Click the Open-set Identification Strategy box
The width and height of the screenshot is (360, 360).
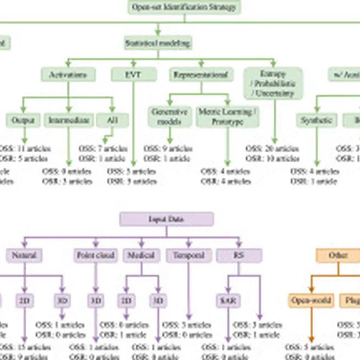[x=184, y=7]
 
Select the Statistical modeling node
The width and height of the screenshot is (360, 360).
[x=158, y=42]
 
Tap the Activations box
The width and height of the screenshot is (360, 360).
[x=68, y=75]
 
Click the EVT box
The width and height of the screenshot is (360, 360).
[x=134, y=75]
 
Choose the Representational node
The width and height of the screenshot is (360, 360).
[x=200, y=75]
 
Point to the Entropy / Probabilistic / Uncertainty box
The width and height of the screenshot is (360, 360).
[x=273, y=83]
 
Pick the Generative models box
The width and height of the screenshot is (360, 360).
[x=169, y=117]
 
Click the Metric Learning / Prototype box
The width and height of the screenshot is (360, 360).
[x=228, y=117]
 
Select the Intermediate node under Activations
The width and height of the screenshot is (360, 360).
[x=68, y=120]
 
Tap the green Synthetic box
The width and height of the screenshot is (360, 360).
[x=317, y=120]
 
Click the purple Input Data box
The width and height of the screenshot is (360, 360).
[x=167, y=219]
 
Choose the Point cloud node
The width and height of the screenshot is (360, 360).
[x=96, y=255]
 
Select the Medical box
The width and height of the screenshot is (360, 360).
[x=141, y=255]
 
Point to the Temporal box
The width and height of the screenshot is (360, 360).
[x=189, y=255]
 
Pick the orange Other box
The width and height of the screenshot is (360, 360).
[x=338, y=255]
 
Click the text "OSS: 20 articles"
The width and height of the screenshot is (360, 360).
[x=273, y=148]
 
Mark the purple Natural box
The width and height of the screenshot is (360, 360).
[x=24, y=255]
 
